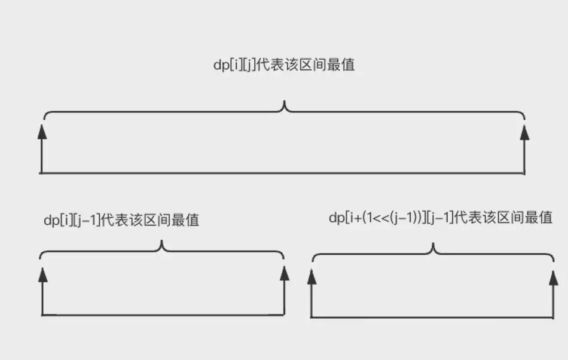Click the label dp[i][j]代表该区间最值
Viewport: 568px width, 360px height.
click(284, 65)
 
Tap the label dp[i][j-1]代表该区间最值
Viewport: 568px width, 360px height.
click(121, 220)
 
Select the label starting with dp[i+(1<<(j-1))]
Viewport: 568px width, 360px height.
click(441, 218)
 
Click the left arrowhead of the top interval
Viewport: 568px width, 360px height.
click(42, 132)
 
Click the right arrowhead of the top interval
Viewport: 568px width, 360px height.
click(524, 132)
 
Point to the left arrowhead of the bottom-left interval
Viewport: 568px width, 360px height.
click(42, 274)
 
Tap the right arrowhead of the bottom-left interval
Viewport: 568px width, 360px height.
click(285, 273)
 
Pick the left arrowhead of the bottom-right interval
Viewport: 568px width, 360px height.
click(312, 276)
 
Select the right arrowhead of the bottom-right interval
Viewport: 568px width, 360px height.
click(554, 277)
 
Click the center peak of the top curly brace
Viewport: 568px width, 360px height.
click(285, 102)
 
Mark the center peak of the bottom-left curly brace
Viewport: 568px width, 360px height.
click(162, 242)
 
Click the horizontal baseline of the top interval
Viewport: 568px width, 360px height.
click(282, 173)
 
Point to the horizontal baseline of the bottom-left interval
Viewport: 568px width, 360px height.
click(163, 315)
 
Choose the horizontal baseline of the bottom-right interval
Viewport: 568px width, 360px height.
click(432, 318)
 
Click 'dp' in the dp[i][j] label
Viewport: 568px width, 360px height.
click(221, 65)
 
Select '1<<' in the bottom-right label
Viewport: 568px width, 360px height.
click(378, 218)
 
